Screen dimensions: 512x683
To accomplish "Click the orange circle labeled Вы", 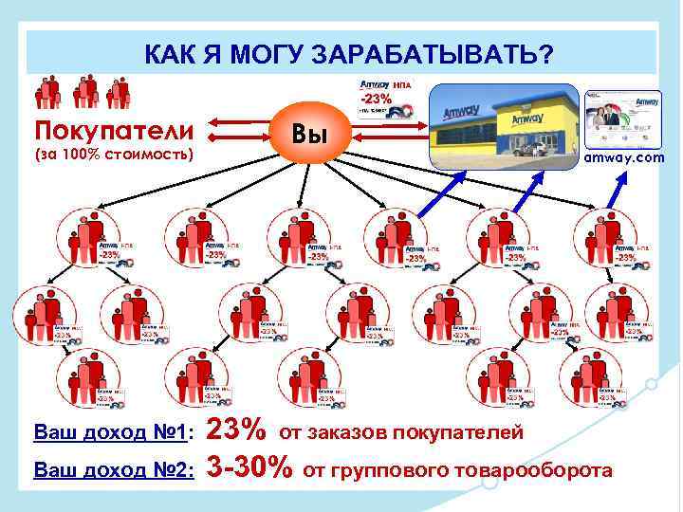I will point(310,136).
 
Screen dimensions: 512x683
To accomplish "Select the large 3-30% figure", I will point(249,466).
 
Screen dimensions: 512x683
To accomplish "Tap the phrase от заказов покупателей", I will point(400,433).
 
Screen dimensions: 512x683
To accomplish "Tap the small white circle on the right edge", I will point(651,385).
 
